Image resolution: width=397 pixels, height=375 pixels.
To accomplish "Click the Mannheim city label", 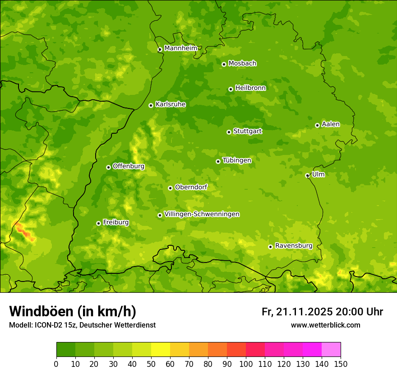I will click(x=180, y=48).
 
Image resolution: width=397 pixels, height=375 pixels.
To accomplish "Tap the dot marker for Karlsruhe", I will click(x=151, y=105).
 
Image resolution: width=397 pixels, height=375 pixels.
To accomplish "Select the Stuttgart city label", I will click(x=247, y=131).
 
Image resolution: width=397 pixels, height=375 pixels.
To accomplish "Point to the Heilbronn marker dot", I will click(x=231, y=89).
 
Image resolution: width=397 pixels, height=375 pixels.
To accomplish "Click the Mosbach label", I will click(x=242, y=63).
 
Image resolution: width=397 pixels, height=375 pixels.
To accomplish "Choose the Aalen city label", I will click(x=331, y=124).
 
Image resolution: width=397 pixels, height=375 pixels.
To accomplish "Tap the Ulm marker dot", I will click(x=307, y=175).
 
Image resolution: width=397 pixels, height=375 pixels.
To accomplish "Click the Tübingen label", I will click(x=237, y=160).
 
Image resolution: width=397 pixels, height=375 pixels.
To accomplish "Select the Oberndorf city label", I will click(x=191, y=187).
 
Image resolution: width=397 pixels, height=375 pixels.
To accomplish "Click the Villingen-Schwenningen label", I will click(x=202, y=214).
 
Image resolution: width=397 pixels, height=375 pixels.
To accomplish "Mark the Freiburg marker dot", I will click(x=98, y=223).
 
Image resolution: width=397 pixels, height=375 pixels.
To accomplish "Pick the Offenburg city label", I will click(x=129, y=166).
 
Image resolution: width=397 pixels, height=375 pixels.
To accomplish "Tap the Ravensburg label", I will click(x=294, y=246).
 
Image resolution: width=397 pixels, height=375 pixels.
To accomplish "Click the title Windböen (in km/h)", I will click(x=73, y=311).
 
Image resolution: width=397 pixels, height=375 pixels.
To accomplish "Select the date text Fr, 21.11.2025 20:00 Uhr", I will click(x=322, y=312).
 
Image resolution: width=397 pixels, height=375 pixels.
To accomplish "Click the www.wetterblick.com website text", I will click(x=325, y=325).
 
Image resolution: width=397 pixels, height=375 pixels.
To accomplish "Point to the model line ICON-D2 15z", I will click(x=82, y=325).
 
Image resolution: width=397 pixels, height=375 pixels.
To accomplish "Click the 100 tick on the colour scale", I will click(x=246, y=364).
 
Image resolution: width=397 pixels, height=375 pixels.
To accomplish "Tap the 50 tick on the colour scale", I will click(x=151, y=364).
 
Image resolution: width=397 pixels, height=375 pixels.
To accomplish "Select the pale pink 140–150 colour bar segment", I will click(x=331, y=349).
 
